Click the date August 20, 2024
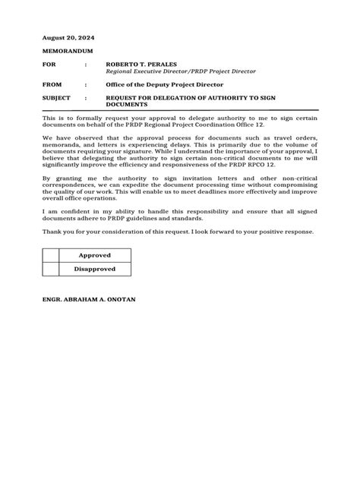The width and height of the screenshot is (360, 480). (x=68, y=37)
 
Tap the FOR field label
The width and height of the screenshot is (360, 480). (x=49, y=65)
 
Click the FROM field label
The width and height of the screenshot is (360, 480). (x=52, y=85)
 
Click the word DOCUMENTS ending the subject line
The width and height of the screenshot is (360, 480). (x=128, y=106)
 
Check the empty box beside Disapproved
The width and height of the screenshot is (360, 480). (x=50, y=269)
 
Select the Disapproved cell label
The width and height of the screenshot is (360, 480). (x=94, y=269)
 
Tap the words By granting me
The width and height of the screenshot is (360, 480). (x=65, y=176)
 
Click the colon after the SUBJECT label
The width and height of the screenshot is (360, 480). (x=85, y=99)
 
